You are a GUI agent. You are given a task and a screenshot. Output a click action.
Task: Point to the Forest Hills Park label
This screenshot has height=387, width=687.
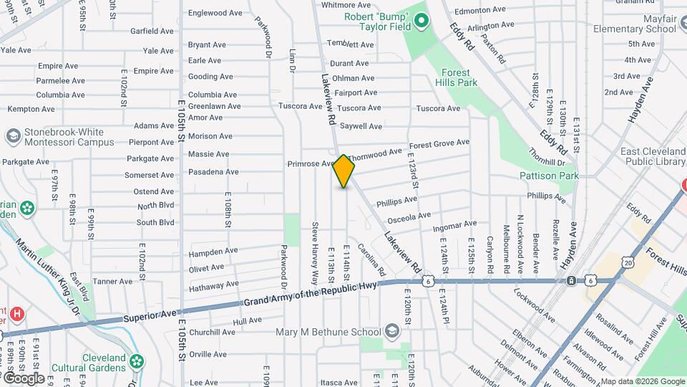click(456, 77)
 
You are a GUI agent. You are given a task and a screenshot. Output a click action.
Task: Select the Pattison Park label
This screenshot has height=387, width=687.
click(549, 176)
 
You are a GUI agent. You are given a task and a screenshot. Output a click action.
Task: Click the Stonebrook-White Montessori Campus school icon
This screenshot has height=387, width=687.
click(12, 136)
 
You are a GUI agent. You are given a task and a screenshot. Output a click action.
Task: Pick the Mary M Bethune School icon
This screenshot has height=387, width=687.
click(391, 331)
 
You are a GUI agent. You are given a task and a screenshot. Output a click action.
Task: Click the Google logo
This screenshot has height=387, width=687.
click(23, 378)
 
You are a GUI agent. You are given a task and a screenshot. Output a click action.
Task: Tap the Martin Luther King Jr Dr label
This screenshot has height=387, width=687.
click(51, 272)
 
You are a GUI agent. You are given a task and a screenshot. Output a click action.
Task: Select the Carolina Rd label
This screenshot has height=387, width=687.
click(372, 261)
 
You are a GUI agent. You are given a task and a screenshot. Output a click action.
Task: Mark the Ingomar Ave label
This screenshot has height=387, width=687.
click(454, 226)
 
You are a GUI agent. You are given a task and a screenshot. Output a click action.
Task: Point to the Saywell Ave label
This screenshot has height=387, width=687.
click(361, 126)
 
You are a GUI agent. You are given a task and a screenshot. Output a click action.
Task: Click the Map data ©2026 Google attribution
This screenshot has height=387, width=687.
click(643, 381)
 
